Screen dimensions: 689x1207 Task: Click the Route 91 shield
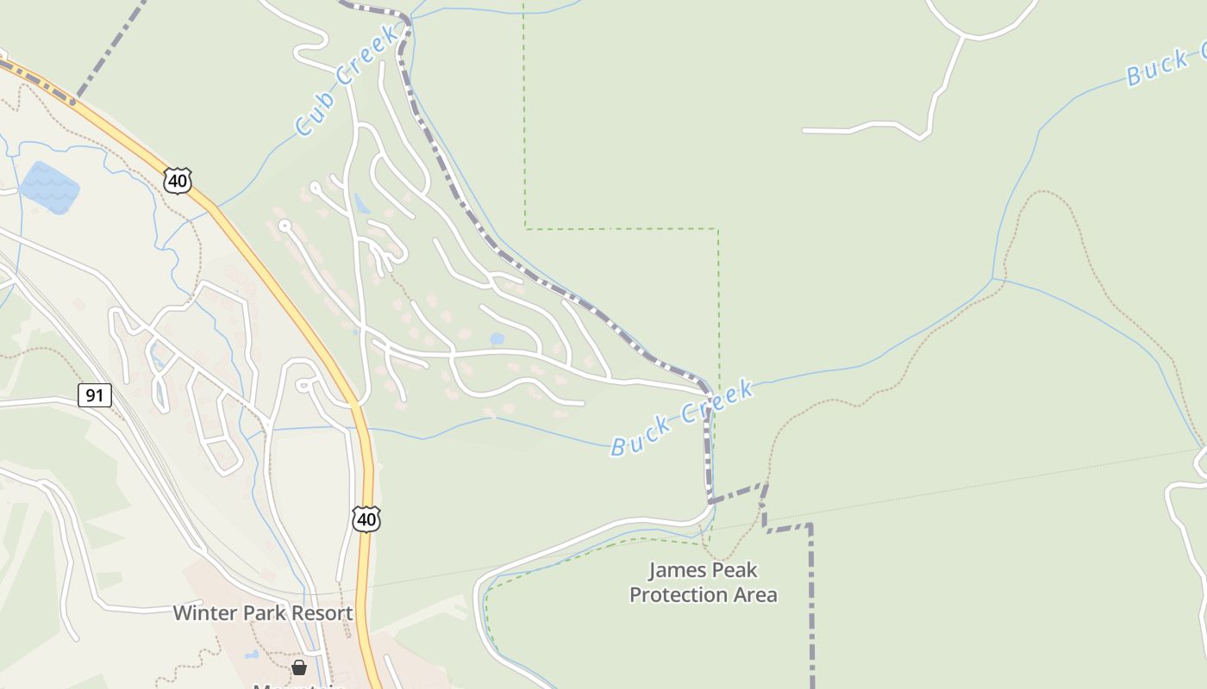click(94, 395)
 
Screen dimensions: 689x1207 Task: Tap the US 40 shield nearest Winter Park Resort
click(366, 518)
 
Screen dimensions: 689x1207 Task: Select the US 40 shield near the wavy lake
click(178, 181)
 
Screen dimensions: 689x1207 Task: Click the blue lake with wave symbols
click(50, 187)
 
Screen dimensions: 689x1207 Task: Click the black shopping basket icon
click(299, 667)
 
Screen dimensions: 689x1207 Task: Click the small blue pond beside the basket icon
click(251, 655)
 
